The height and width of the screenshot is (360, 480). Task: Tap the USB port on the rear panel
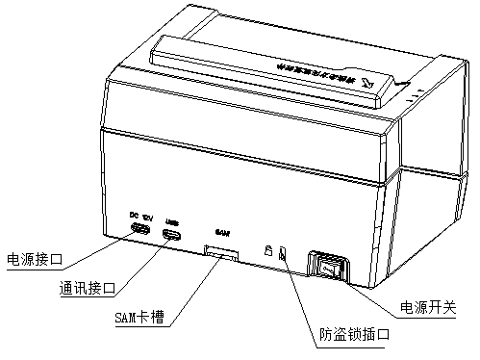tap(173, 235)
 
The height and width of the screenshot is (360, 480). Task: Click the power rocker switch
tap(327, 267)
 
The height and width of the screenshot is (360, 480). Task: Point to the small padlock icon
tap(268, 250)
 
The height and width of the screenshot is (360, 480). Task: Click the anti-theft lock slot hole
tap(282, 255)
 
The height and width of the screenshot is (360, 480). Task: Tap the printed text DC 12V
tap(139, 215)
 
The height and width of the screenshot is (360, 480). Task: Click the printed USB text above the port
tap(172, 219)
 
